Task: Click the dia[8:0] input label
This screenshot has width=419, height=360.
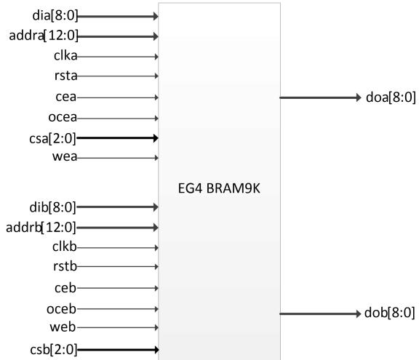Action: click(55, 15)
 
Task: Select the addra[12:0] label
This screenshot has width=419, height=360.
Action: click(44, 36)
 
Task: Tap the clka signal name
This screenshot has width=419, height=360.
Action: click(65, 56)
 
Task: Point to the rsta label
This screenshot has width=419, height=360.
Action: click(65, 76)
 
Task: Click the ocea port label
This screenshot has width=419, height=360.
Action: click(63, 117)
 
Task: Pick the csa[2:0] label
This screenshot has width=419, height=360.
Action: click(52, 139)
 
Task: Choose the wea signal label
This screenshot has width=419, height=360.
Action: click(65, 156)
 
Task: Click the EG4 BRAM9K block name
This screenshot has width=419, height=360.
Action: click(219, 188)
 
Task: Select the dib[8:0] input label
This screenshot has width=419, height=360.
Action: click(53, 207)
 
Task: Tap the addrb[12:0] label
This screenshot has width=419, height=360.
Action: click(41, 228)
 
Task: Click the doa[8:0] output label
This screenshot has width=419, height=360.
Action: click(391, 97)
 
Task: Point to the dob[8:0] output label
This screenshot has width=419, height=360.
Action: click(390, 313)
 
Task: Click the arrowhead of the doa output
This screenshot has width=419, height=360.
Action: click(359, 97)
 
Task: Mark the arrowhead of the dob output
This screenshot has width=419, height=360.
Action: click(359, 313)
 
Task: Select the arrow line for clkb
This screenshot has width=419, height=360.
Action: click(118, 248)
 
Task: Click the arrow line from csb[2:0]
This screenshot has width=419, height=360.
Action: click(118, 350)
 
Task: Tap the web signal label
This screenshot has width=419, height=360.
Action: click(63, 327)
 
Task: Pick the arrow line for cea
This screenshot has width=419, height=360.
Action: click(118, 97)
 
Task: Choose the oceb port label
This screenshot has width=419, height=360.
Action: click(61, 309)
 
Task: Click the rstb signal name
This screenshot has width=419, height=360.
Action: click(65, 266)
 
